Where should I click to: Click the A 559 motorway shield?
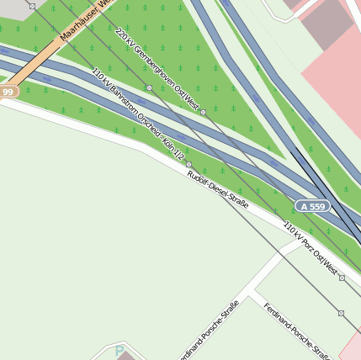[x=311, y=206]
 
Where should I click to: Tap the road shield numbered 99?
[x=8, y=91]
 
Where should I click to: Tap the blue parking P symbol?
[x=119, y=351]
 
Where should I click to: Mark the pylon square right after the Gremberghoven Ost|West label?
[x=204, y=110]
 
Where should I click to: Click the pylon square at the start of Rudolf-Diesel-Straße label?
[x=188, y=164]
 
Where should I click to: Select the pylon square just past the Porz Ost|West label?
[x=342, y=277]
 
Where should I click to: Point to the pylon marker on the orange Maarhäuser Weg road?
[x=32, y=6]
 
